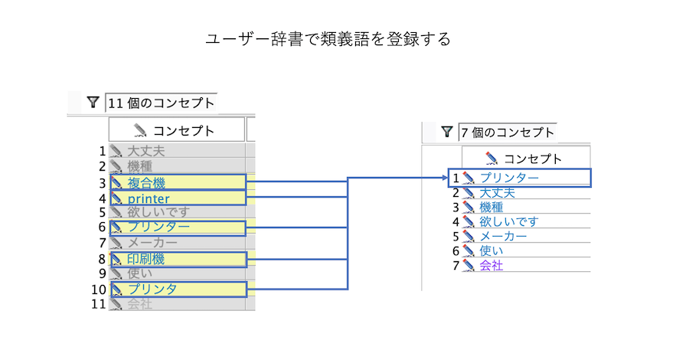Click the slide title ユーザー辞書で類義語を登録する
click(328, 39)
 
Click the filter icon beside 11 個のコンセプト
click(93, 102)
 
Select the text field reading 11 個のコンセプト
click(161, 103)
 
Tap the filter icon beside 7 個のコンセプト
click(447, 133)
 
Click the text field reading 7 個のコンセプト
click(506, 133)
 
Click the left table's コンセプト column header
click(176, 129)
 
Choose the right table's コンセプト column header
click(524, 159)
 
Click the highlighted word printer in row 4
click(149, 199)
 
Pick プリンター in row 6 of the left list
click(158, 227)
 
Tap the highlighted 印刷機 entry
click(146, 259)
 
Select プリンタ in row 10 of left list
click(152, 289)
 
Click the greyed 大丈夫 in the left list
click(146, 151)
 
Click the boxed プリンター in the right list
click(509, 178)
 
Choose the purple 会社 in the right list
click(491, 266)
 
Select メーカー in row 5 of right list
click(503, 236)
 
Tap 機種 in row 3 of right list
click(491, 207)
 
